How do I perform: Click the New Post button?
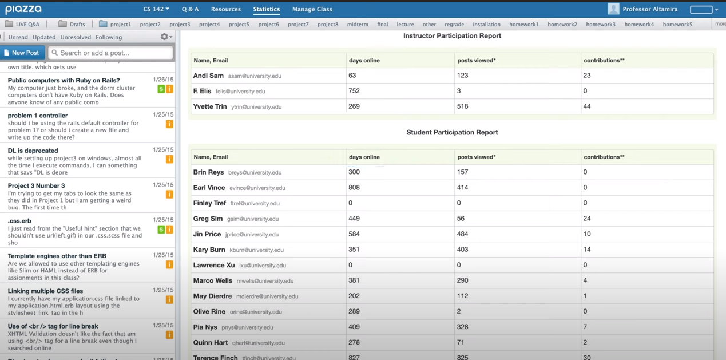22,53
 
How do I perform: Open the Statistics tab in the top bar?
266,9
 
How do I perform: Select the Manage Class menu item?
312,9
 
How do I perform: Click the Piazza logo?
23,9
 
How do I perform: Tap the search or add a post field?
111,53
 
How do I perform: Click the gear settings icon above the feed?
165,37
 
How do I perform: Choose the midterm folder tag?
358,25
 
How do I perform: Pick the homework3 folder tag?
601,25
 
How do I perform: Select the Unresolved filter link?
76,37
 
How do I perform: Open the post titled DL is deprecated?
33,151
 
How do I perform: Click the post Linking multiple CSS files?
45,291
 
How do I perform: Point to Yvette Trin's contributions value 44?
587,106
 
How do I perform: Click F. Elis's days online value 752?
354,91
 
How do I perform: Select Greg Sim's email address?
253,219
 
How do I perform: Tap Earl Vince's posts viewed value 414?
463,188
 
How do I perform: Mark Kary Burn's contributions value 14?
587,250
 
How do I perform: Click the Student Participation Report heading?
452,132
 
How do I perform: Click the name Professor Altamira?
650,9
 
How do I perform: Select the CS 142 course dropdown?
156,9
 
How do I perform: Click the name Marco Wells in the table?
213,280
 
